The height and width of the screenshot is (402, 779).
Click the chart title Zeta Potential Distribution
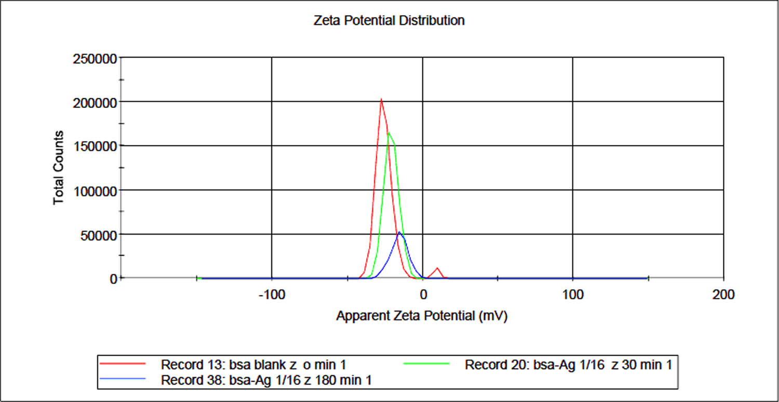pos(389,21)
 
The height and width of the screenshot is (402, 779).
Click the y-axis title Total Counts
pos(59,167)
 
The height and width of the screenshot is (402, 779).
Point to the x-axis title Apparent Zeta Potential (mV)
pos(421,316)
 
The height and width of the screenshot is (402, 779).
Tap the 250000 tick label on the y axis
pos(93,58)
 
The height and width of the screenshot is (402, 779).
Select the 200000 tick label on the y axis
pos(93,102)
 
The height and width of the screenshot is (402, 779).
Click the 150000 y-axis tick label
pos(93,146)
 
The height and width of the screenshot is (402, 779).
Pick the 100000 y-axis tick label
pos(93,190)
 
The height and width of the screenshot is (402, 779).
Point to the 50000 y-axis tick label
pos(97,234)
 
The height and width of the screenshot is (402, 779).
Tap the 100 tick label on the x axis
pos(573,295)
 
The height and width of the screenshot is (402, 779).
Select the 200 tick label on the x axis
pos(724,295)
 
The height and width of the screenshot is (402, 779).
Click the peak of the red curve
pos(381,99)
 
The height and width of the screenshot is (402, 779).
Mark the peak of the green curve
pos(388,132)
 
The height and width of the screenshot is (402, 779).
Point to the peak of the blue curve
pos(399,232)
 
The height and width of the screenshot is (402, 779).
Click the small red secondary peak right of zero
pos(438,268)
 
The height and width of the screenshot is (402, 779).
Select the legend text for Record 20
pos(568,365)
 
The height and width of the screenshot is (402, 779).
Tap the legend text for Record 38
pos(266,380)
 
